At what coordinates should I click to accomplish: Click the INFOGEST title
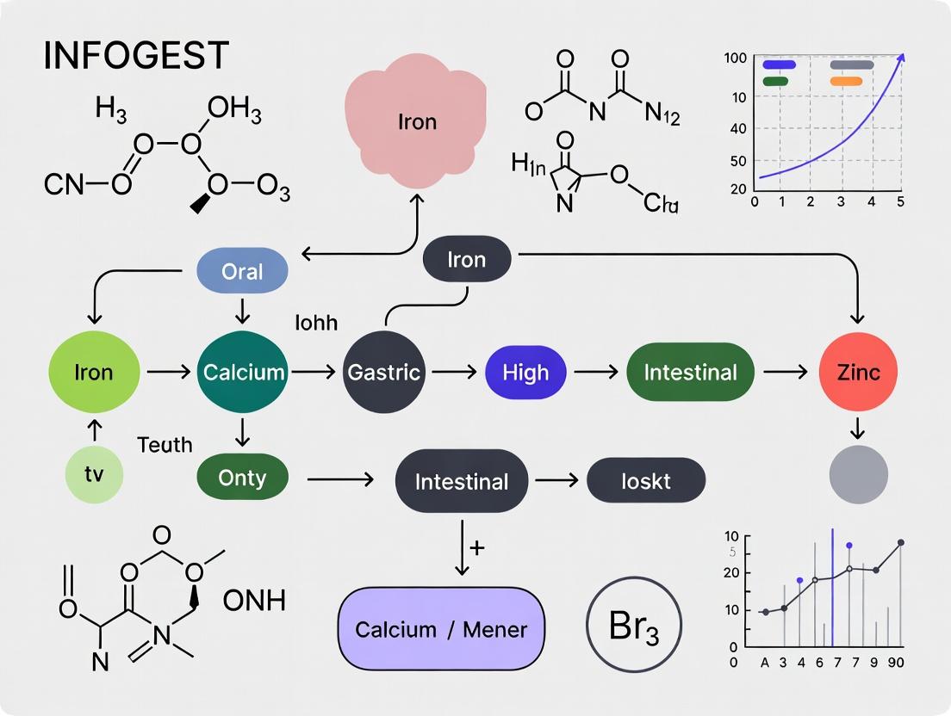tap(136, 55)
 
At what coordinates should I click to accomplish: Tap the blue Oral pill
tap(242, 272)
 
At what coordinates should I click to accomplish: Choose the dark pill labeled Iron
tap(467, 260)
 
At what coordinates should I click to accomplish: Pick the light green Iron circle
tap(93, 373)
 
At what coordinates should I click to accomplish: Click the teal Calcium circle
tap(243, 373)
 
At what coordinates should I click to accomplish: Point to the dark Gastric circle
tap(383, 373)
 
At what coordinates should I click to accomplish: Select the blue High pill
tap(525, 373)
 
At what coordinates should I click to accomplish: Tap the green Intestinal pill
tap(690, 373)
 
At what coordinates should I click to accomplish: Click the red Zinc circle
tap(858, 373)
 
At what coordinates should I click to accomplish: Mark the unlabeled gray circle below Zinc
tap(858, 474)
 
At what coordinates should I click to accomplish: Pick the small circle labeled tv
tap(94, 474)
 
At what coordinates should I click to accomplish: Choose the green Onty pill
tap(242, 478)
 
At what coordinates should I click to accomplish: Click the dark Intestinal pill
tap(462, 481)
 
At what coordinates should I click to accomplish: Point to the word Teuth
tap(165, 445)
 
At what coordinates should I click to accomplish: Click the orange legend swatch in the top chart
tap(846, 81)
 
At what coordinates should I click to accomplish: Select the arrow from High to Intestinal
tap(596, 373)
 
